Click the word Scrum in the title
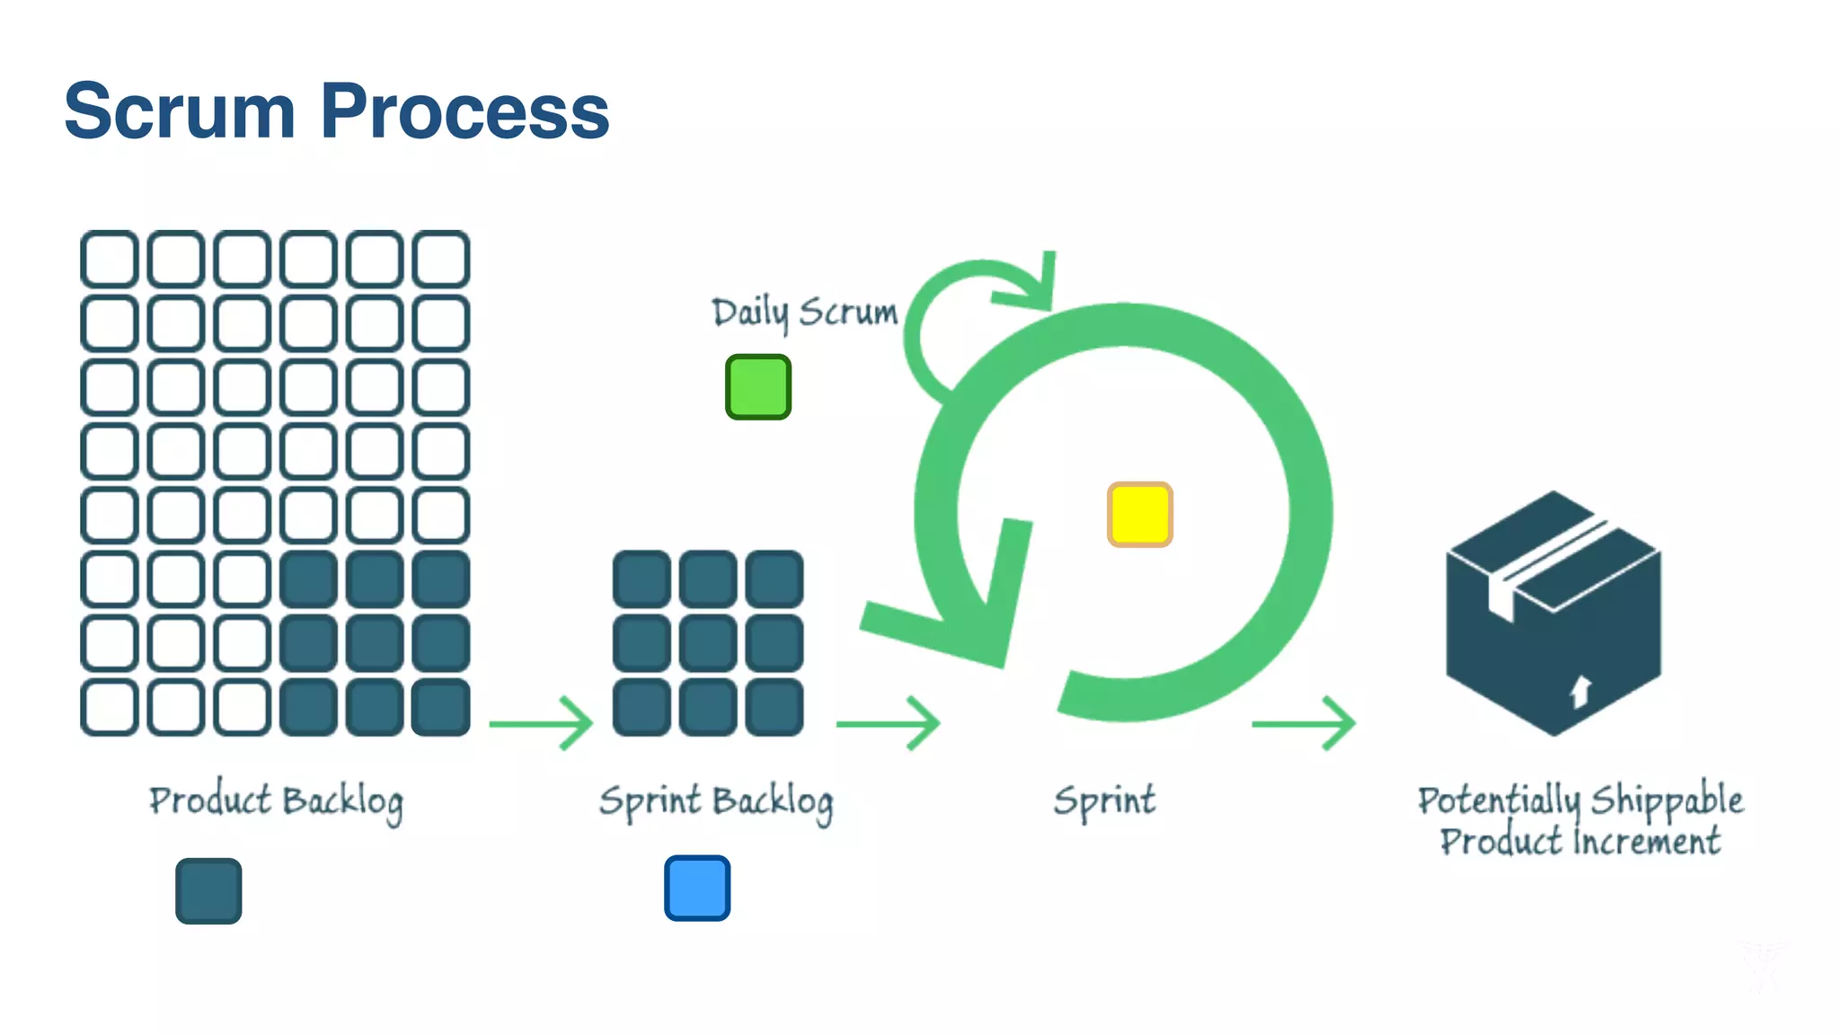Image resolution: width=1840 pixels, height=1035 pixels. [180, 111]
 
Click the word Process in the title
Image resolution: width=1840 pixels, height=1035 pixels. [464, 111]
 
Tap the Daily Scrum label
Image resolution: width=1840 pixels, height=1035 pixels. [804, 312]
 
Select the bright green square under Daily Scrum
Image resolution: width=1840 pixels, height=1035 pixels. [757, 387]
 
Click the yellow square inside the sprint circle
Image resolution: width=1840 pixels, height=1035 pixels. [1139, 514]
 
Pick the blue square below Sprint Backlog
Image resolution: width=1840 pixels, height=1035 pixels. [696, 888]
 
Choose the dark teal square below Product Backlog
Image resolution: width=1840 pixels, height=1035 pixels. [208, 890]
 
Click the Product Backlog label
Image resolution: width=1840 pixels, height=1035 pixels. [276, 801]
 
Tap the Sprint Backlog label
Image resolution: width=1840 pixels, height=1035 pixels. [716, 801]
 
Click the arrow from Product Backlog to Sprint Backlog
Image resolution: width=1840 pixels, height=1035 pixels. [541, 722]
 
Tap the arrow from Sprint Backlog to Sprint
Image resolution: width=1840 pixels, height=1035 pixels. [888, 722]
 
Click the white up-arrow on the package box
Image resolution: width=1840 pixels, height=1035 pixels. [1580, 691]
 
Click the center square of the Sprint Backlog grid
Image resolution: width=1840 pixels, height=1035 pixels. [708, 643]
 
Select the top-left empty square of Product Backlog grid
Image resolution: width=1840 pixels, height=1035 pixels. [110, 259]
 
